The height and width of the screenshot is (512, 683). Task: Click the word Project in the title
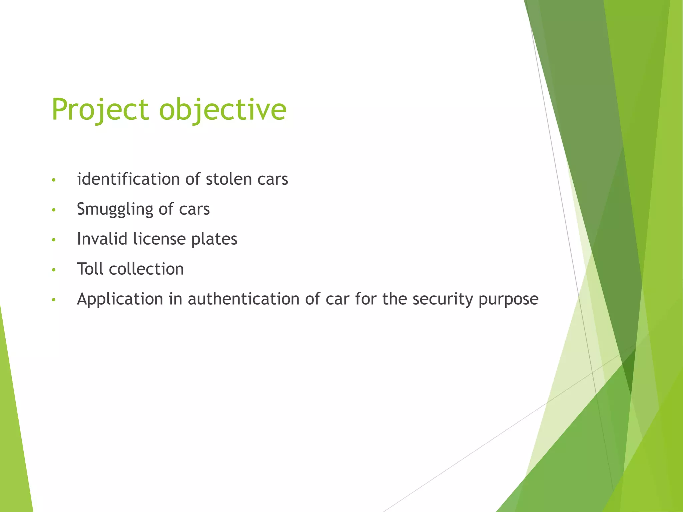click(100, 110)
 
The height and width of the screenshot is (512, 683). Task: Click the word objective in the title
click(222, 110)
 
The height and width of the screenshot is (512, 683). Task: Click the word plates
click(214, 239)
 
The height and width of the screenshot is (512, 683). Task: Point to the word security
click(443, 299)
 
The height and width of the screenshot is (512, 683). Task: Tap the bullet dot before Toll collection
click(54, 270)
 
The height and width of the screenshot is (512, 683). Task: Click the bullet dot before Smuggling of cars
click(54, 210)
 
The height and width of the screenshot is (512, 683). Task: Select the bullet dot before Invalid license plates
click(54, 240)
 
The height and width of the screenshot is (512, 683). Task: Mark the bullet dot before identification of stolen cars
click(54, 180)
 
